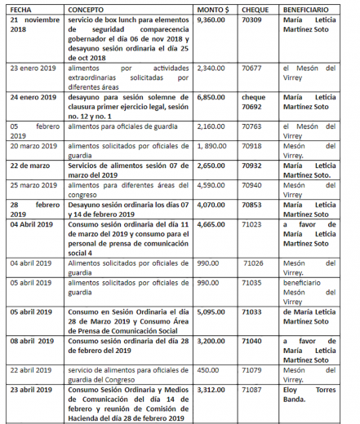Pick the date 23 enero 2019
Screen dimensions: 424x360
(32, 70)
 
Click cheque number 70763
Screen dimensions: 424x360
(253, 126)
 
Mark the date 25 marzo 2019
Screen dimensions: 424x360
(32, 185)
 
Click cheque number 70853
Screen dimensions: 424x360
(253, 206)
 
